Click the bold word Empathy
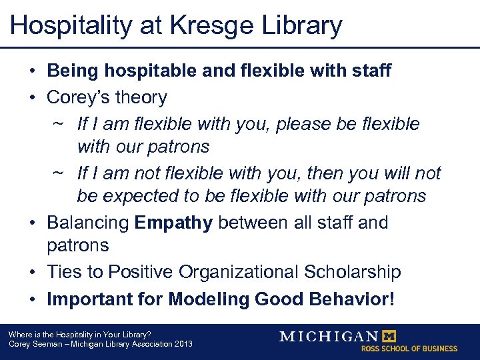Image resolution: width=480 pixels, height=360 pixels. click(173, 223)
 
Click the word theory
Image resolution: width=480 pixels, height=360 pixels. click(142, 97)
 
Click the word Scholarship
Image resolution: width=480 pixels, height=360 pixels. click(354, 272)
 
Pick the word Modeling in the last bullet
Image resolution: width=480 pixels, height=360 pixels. click(209, 299)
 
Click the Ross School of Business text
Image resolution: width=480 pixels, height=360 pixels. click(409, 349)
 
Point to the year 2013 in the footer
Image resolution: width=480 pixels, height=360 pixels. click(182, 344)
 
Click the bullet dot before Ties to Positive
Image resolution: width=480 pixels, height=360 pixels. click(33, 273)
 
